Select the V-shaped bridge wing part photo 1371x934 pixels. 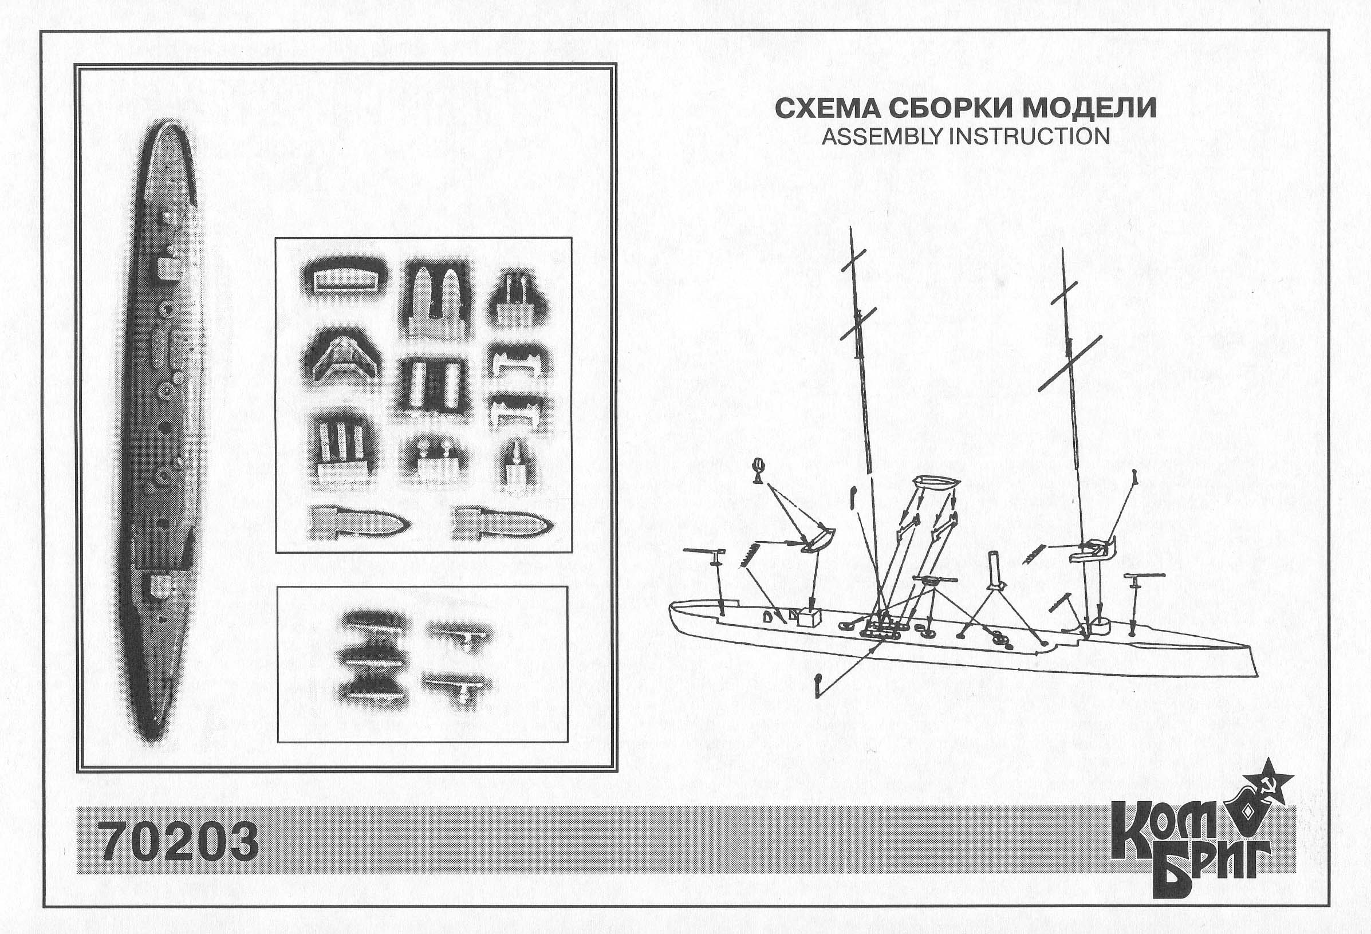point(342,356)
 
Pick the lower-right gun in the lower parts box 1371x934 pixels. point(458,687)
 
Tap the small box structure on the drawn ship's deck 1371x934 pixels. point(809,618)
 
